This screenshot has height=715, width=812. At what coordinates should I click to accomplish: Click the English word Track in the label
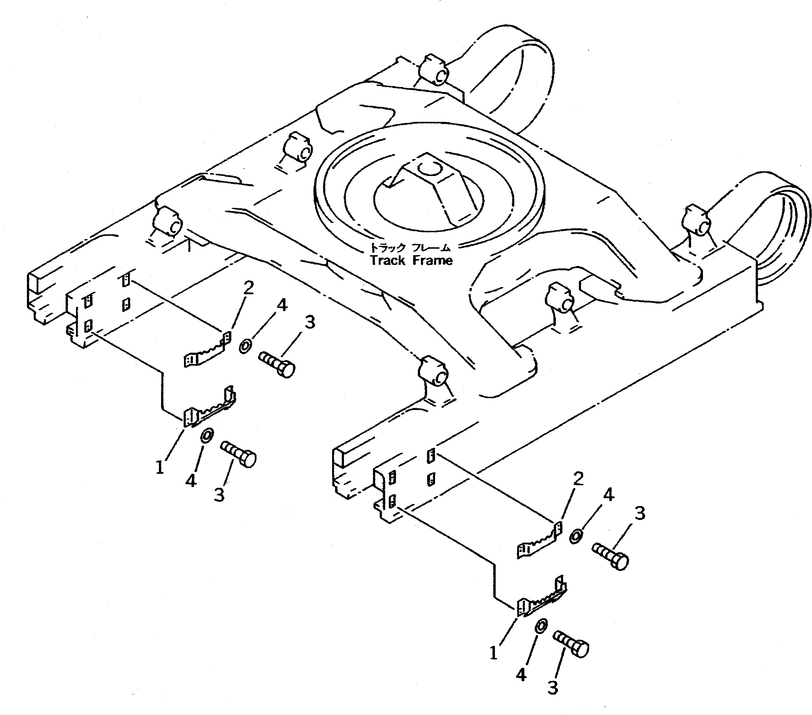tap(388, 261)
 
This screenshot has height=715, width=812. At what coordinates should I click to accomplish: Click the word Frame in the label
tap(432, 261)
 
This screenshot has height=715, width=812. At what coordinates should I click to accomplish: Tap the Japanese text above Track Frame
tap(410, 248)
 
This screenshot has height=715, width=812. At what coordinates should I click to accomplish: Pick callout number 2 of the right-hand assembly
tap(578, 479)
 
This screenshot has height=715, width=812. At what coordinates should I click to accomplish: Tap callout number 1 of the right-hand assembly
tap(494, 653)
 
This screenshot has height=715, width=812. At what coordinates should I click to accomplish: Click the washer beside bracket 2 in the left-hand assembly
tap(245, 346)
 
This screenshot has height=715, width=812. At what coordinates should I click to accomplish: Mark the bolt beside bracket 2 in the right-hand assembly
tap(610, 556)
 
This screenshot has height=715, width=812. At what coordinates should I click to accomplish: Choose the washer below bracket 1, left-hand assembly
tap(206, 435)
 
